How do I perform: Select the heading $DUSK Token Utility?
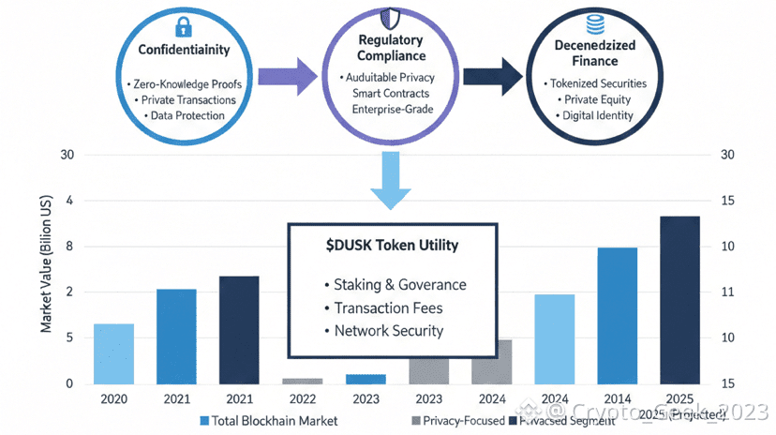coord(391,245)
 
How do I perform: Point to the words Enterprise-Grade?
coord(391,111)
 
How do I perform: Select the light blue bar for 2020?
coord(113,353)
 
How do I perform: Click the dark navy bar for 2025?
coord(679,300)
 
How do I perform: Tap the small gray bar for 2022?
coord(302,381)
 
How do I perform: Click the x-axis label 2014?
coord(617,398)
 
